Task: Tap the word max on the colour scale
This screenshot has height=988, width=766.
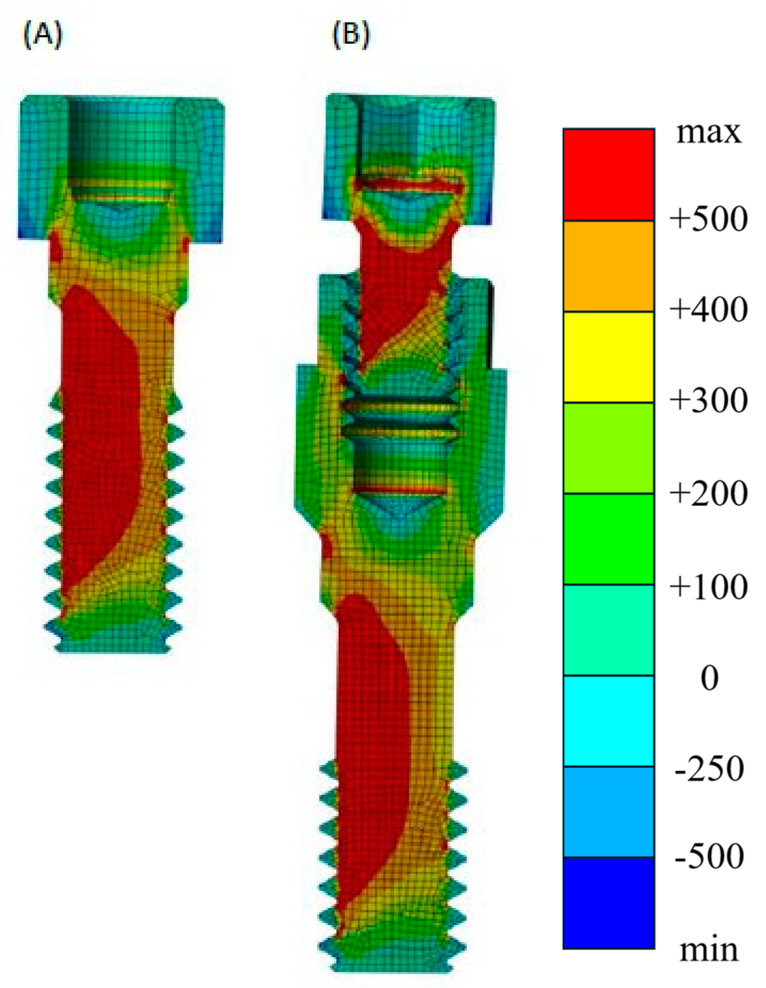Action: click(x=709, y=133)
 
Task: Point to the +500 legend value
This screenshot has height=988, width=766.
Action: click(x=709, y=220)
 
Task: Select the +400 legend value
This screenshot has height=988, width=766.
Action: click(x=709, y=311)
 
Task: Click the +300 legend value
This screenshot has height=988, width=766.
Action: click(x=709, y=401)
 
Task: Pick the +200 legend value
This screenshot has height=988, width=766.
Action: click(x=709, y=493)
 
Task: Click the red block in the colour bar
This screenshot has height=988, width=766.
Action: click(x=608, y=175)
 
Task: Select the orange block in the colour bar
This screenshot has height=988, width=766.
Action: click(x=608, y=266)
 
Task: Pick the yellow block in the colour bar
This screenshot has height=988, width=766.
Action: click(x=608, y=357)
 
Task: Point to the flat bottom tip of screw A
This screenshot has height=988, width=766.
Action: click(x=113, y=650)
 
